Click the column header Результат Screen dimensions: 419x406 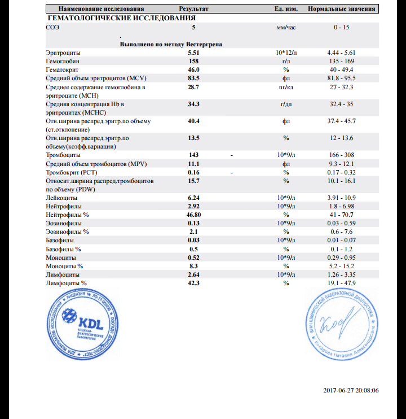(193, 10)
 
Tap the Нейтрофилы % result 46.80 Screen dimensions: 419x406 (195, 215)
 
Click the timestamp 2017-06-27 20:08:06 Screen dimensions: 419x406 (351, 390)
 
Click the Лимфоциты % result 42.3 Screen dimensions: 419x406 (193, 283)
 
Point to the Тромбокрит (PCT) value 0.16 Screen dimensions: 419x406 (193, 172)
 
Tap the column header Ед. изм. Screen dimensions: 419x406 (286, 10)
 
